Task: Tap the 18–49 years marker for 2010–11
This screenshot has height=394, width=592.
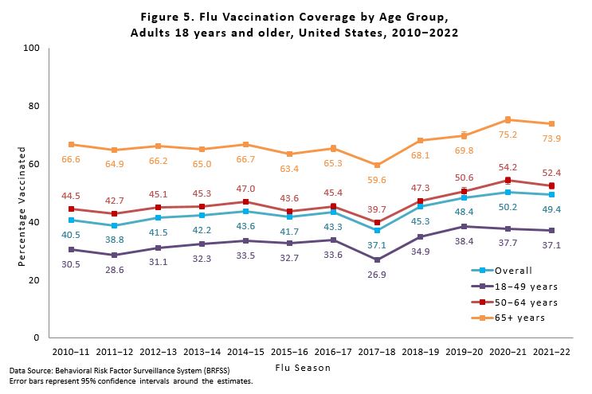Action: click(x=72, y=249)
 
